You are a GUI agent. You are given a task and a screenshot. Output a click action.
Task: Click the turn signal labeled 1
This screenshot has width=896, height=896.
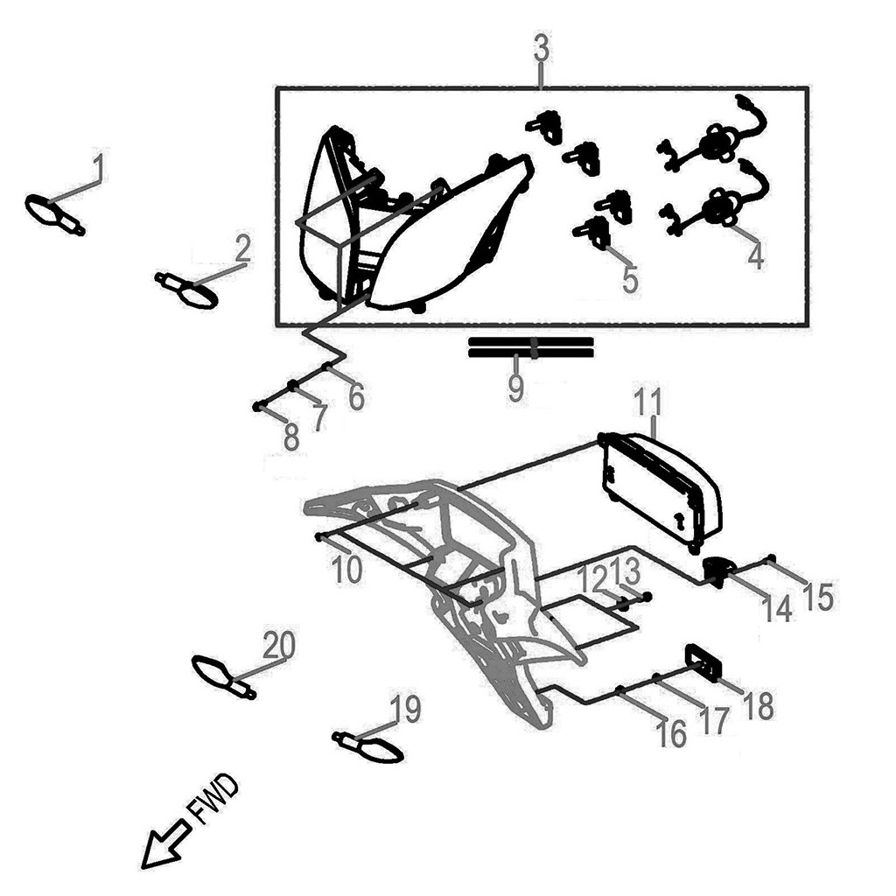pyautogui.click(x=52, y=214)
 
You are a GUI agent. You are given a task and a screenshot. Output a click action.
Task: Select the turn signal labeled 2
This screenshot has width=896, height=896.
pyautogui.click(x=188, y=291)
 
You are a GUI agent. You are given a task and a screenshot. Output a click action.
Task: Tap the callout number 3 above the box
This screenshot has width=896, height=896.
pyautogui.click(x=542, y=50)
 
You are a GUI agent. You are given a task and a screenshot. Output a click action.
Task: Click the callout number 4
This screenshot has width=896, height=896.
pyautogui.click(x=755, y=255)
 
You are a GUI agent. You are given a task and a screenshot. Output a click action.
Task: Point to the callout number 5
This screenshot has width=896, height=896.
pyautogui.click(x=630, y=280)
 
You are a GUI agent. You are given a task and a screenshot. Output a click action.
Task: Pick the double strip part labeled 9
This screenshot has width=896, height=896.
pyautogui.click(x=531, y=346)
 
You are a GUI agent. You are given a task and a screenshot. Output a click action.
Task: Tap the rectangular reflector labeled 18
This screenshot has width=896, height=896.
pyautogui.click(x=703, y=662)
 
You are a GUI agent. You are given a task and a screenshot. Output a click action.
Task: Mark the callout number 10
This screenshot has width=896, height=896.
pyautogui.click(x=347, y=570)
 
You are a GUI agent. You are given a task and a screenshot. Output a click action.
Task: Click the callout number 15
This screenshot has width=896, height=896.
pyautogui.click(x=818, y=598)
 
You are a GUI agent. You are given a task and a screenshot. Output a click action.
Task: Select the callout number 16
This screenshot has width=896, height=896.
pyautogui.click(x=671, y=734)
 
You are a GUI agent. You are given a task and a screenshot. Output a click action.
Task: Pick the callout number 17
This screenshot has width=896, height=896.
pyautogui.click(x=713, y=721)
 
